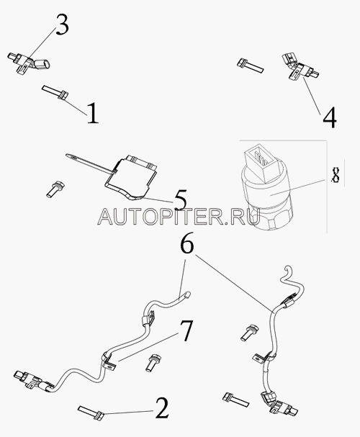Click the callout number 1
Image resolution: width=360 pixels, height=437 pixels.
point(93,113)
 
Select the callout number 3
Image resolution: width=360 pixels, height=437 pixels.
point(62,24)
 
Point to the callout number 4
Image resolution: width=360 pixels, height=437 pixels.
point(330,117)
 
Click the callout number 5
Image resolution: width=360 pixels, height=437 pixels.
point(181,199)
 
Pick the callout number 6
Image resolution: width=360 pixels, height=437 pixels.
point(187,243)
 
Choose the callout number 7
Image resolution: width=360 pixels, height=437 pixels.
point(186,330)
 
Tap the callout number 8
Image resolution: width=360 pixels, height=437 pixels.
point(336,174)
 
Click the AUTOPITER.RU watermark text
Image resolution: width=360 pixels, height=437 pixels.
point(179,217)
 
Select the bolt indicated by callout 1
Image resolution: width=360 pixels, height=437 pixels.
point(55,92)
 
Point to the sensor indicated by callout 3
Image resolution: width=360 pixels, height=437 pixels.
point(29,63)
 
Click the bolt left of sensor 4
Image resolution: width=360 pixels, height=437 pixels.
point(250,66)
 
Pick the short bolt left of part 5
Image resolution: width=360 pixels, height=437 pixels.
point(55,189)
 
